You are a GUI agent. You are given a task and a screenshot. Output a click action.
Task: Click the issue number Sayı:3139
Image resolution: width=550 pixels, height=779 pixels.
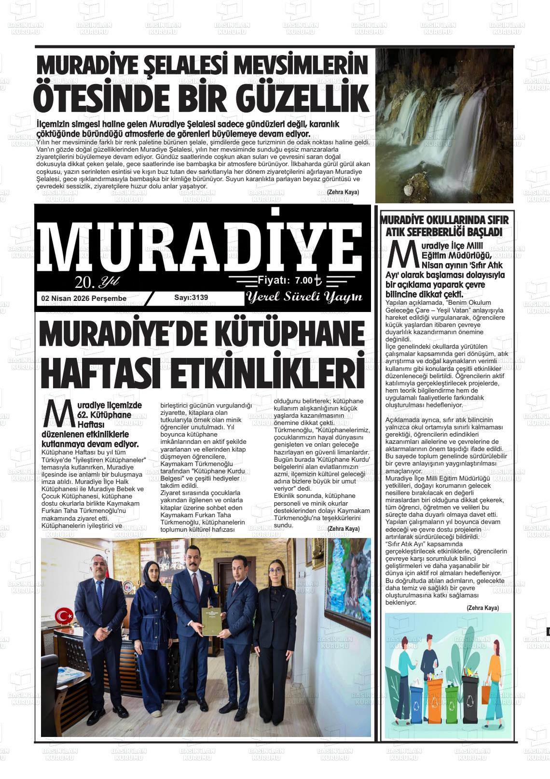tap(191, 297)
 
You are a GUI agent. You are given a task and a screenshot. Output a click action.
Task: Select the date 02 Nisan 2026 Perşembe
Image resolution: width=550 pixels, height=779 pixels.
tap(84, 298)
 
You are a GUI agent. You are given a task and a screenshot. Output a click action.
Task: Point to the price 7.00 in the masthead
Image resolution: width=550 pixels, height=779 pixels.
tap(303, 280)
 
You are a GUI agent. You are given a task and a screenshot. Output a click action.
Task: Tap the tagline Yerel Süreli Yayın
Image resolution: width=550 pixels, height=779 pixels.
tap(304, 297)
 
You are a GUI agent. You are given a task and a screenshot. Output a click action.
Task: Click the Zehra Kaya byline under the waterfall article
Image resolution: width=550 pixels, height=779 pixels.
tap(343, 192)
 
